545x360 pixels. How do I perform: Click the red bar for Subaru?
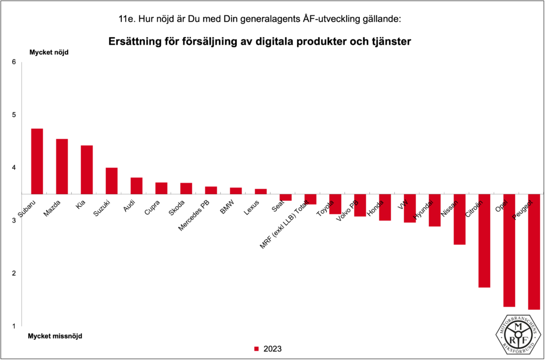click(x=37, y=161)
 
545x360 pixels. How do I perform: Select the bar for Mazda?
click(x=62, y=166)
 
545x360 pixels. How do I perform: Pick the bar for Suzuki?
click(x=111, y=181)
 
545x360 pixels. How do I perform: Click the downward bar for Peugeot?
click(x=534, y=251)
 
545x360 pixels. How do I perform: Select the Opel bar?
click(x=509, y=250)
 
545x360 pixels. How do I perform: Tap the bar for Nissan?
click(x=459, y=219)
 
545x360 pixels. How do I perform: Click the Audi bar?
click(x=136, y=185)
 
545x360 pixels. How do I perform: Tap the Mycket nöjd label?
click(x=48, y=52)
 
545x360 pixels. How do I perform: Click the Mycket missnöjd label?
click(x=55, y=336)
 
